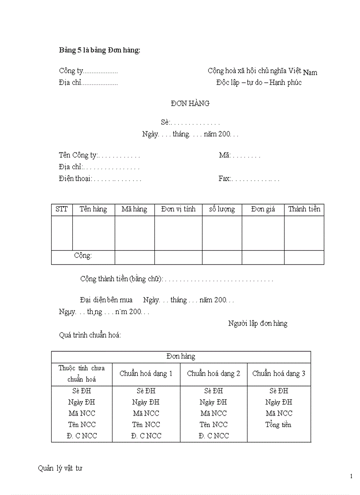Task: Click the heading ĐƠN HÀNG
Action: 190,104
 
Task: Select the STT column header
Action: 62,209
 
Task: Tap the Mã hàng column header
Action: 134,209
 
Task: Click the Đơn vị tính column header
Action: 178,209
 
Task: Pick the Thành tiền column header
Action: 304,209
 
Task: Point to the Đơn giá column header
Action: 263,209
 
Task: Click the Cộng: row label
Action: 83,256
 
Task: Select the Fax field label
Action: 225,179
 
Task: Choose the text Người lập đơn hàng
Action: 258,324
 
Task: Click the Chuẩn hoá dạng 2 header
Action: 214,373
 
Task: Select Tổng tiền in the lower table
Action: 278,424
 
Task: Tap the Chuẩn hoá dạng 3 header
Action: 278,373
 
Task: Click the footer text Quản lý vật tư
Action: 60,468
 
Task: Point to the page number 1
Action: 351,476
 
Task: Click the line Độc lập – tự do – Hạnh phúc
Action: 259,82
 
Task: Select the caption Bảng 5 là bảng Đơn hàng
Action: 100,50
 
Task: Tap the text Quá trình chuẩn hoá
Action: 90,335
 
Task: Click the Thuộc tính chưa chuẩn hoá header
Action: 82,373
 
